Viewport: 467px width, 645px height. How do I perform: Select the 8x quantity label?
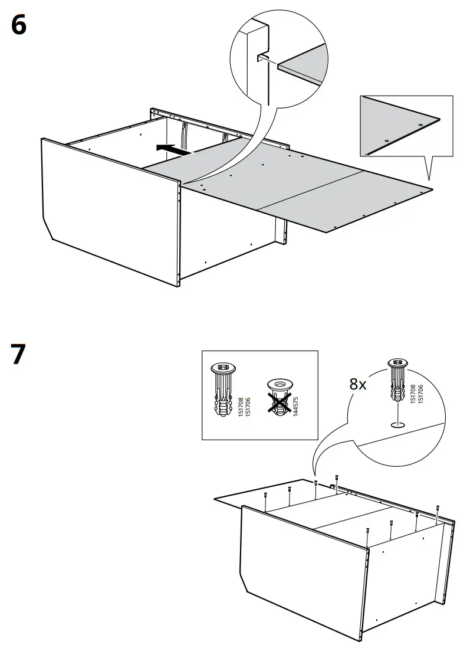point(358,384)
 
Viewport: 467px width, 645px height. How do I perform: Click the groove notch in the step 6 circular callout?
point(262,57)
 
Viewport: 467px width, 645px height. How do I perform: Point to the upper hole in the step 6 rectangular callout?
point(419,126)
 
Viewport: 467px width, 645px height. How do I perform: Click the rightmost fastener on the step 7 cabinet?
point(438,508)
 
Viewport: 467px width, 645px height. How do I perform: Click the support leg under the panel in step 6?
point(281,231)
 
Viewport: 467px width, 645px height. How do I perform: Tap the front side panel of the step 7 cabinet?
point(304,567)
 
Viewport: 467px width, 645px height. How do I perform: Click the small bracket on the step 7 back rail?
point(333,487)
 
